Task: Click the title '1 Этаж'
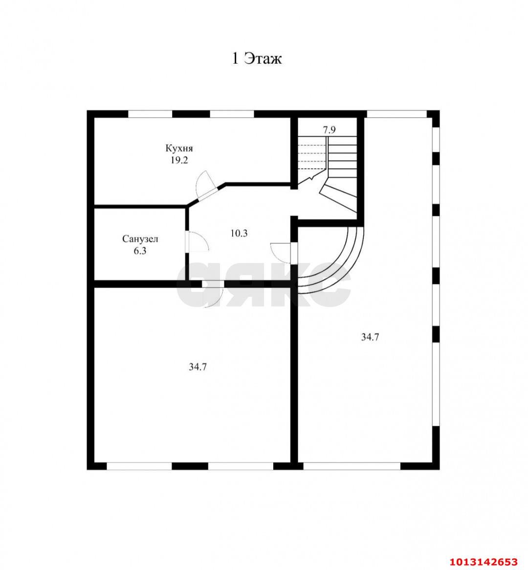pyautogui.click(x=257, y=58)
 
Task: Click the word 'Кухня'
pyautogui.click(x=179, y=148)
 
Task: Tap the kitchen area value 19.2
pyautogui.click(x=179, y=160)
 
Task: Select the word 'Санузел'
pyautogui.click(x=140, y=239)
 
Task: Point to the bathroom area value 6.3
pyautogui.click(x=140, y=251)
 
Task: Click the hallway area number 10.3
pyautogui.click(x=239, y=233)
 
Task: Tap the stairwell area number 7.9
pyautogui.click(x=329, y=130)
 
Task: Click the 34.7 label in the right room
pyautogui.click(x=370, y=337)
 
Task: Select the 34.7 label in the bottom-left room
pyautogui.click(x=198, y=367)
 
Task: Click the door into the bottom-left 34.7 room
pyautogui.click(x=213, y=294)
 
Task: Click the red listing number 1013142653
pyautogui.click(x=484, y=562)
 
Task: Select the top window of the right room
pyautogui.click(x=396, y=114)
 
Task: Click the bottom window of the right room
pyautogui.click(x=352, y=466)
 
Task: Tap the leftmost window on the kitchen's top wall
pyautogui.click(x=150, y=114)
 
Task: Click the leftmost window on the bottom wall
pyautogui.click(x=139, y=466)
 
